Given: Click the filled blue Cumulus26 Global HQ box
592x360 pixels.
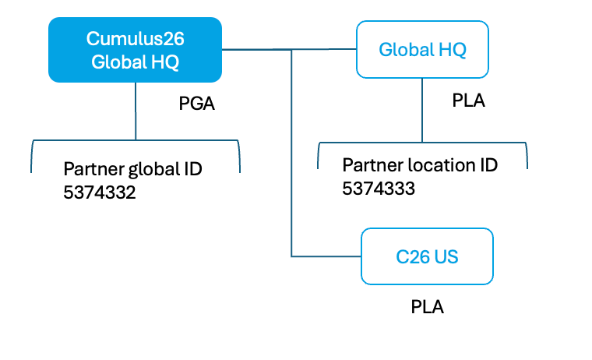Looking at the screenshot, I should [135, 50].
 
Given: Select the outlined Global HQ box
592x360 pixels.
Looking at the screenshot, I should [422, 50].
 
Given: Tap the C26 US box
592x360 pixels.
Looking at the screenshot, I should [427, 256].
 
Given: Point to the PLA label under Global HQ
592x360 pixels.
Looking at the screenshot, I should [468, 101].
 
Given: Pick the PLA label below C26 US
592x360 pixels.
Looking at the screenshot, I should [427, 306].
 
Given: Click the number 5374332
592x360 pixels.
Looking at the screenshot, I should [100, 192].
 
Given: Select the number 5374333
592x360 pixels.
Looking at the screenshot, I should [379, 188].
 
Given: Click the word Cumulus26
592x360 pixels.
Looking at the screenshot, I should [135, 38].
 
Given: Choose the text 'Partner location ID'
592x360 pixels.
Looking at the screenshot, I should [420, 165].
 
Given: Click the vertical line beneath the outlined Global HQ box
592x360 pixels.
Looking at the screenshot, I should [422, 109].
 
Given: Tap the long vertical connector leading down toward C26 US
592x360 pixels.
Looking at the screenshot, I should [291, 156].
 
